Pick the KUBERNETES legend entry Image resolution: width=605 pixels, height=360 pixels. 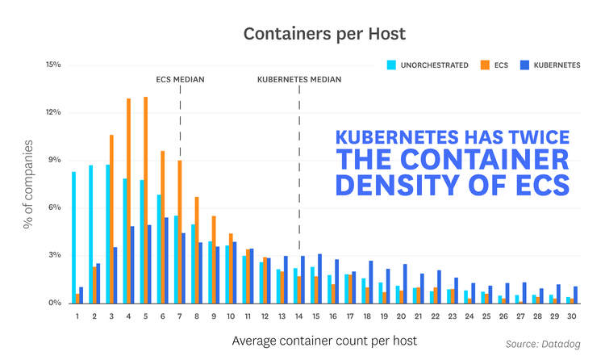click(x=549, y=65)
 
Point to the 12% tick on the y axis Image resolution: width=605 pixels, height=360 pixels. click(x=53, y=112)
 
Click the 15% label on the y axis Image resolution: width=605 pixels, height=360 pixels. click(x=53, y=65)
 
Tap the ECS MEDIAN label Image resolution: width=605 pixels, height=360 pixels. click(x=180, y=79)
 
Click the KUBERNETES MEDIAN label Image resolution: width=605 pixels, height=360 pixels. click(x=299, y=79)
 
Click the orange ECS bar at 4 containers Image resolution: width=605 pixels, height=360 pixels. click(x=128, y=200)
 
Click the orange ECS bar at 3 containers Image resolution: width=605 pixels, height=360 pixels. click(x=111, y=219)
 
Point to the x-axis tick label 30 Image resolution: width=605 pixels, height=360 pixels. click(x=571, y=316)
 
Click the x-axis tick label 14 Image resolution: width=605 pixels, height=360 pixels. click(x=298, y=316)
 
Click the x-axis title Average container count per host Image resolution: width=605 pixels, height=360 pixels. click(x=324, y=341)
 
